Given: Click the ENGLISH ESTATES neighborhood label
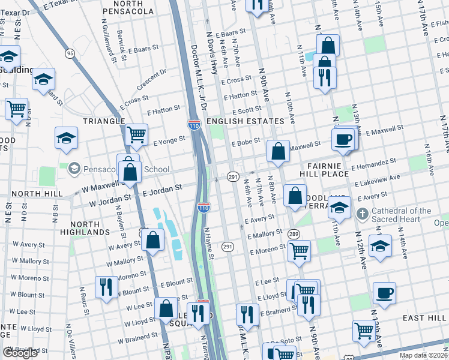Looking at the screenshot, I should click(x=244, y=121).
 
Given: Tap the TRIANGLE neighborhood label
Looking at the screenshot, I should click(x=103, y=121).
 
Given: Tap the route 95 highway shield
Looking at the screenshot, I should click(x=70, y=53).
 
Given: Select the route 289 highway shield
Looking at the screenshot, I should click(x=294, y=233).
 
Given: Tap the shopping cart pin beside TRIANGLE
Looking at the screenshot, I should click(x=137, y=134).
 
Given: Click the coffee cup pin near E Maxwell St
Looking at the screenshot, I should click(x=343, y=139).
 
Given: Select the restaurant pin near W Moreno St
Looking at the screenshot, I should click(x=106, y=287).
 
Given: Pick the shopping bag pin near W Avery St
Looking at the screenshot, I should click(x=154, y=241).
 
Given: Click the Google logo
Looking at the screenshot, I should click(x=20, y=353).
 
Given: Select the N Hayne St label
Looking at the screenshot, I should click(x=209, y=244).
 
